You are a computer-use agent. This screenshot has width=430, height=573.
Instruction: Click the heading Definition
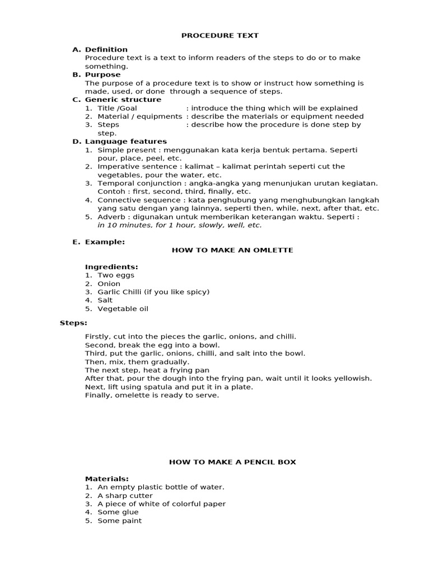106,49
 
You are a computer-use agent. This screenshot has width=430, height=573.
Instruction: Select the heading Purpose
102,74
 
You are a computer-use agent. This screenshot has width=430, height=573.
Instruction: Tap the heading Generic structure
123,100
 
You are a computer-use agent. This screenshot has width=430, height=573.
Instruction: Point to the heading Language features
126,142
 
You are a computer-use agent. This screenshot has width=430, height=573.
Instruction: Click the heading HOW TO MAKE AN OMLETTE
232,250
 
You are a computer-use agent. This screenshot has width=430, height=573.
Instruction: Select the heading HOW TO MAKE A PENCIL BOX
232,462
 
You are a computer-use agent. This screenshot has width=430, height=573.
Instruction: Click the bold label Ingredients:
111,267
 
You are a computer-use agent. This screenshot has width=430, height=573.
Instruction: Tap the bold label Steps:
73,323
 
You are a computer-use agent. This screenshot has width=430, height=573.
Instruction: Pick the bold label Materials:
107,479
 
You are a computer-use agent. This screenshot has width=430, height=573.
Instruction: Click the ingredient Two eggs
116,275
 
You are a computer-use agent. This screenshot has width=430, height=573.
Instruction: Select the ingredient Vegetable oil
123,308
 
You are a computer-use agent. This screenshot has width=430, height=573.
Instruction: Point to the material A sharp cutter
125,495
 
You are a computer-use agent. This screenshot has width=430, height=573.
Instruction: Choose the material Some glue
118,512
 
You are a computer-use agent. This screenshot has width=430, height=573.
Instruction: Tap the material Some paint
120,520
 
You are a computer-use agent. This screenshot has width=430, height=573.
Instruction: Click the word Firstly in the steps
97,337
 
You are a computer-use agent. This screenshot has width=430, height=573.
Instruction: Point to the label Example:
105,242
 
